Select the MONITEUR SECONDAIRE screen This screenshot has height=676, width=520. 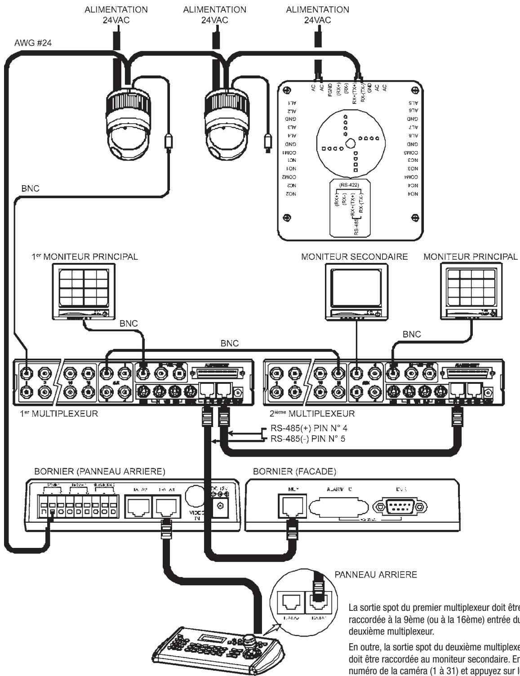[x=356, y=288]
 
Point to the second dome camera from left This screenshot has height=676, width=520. [x=222, y=126]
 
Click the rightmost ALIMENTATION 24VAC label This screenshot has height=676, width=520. [x=317, y=14]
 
